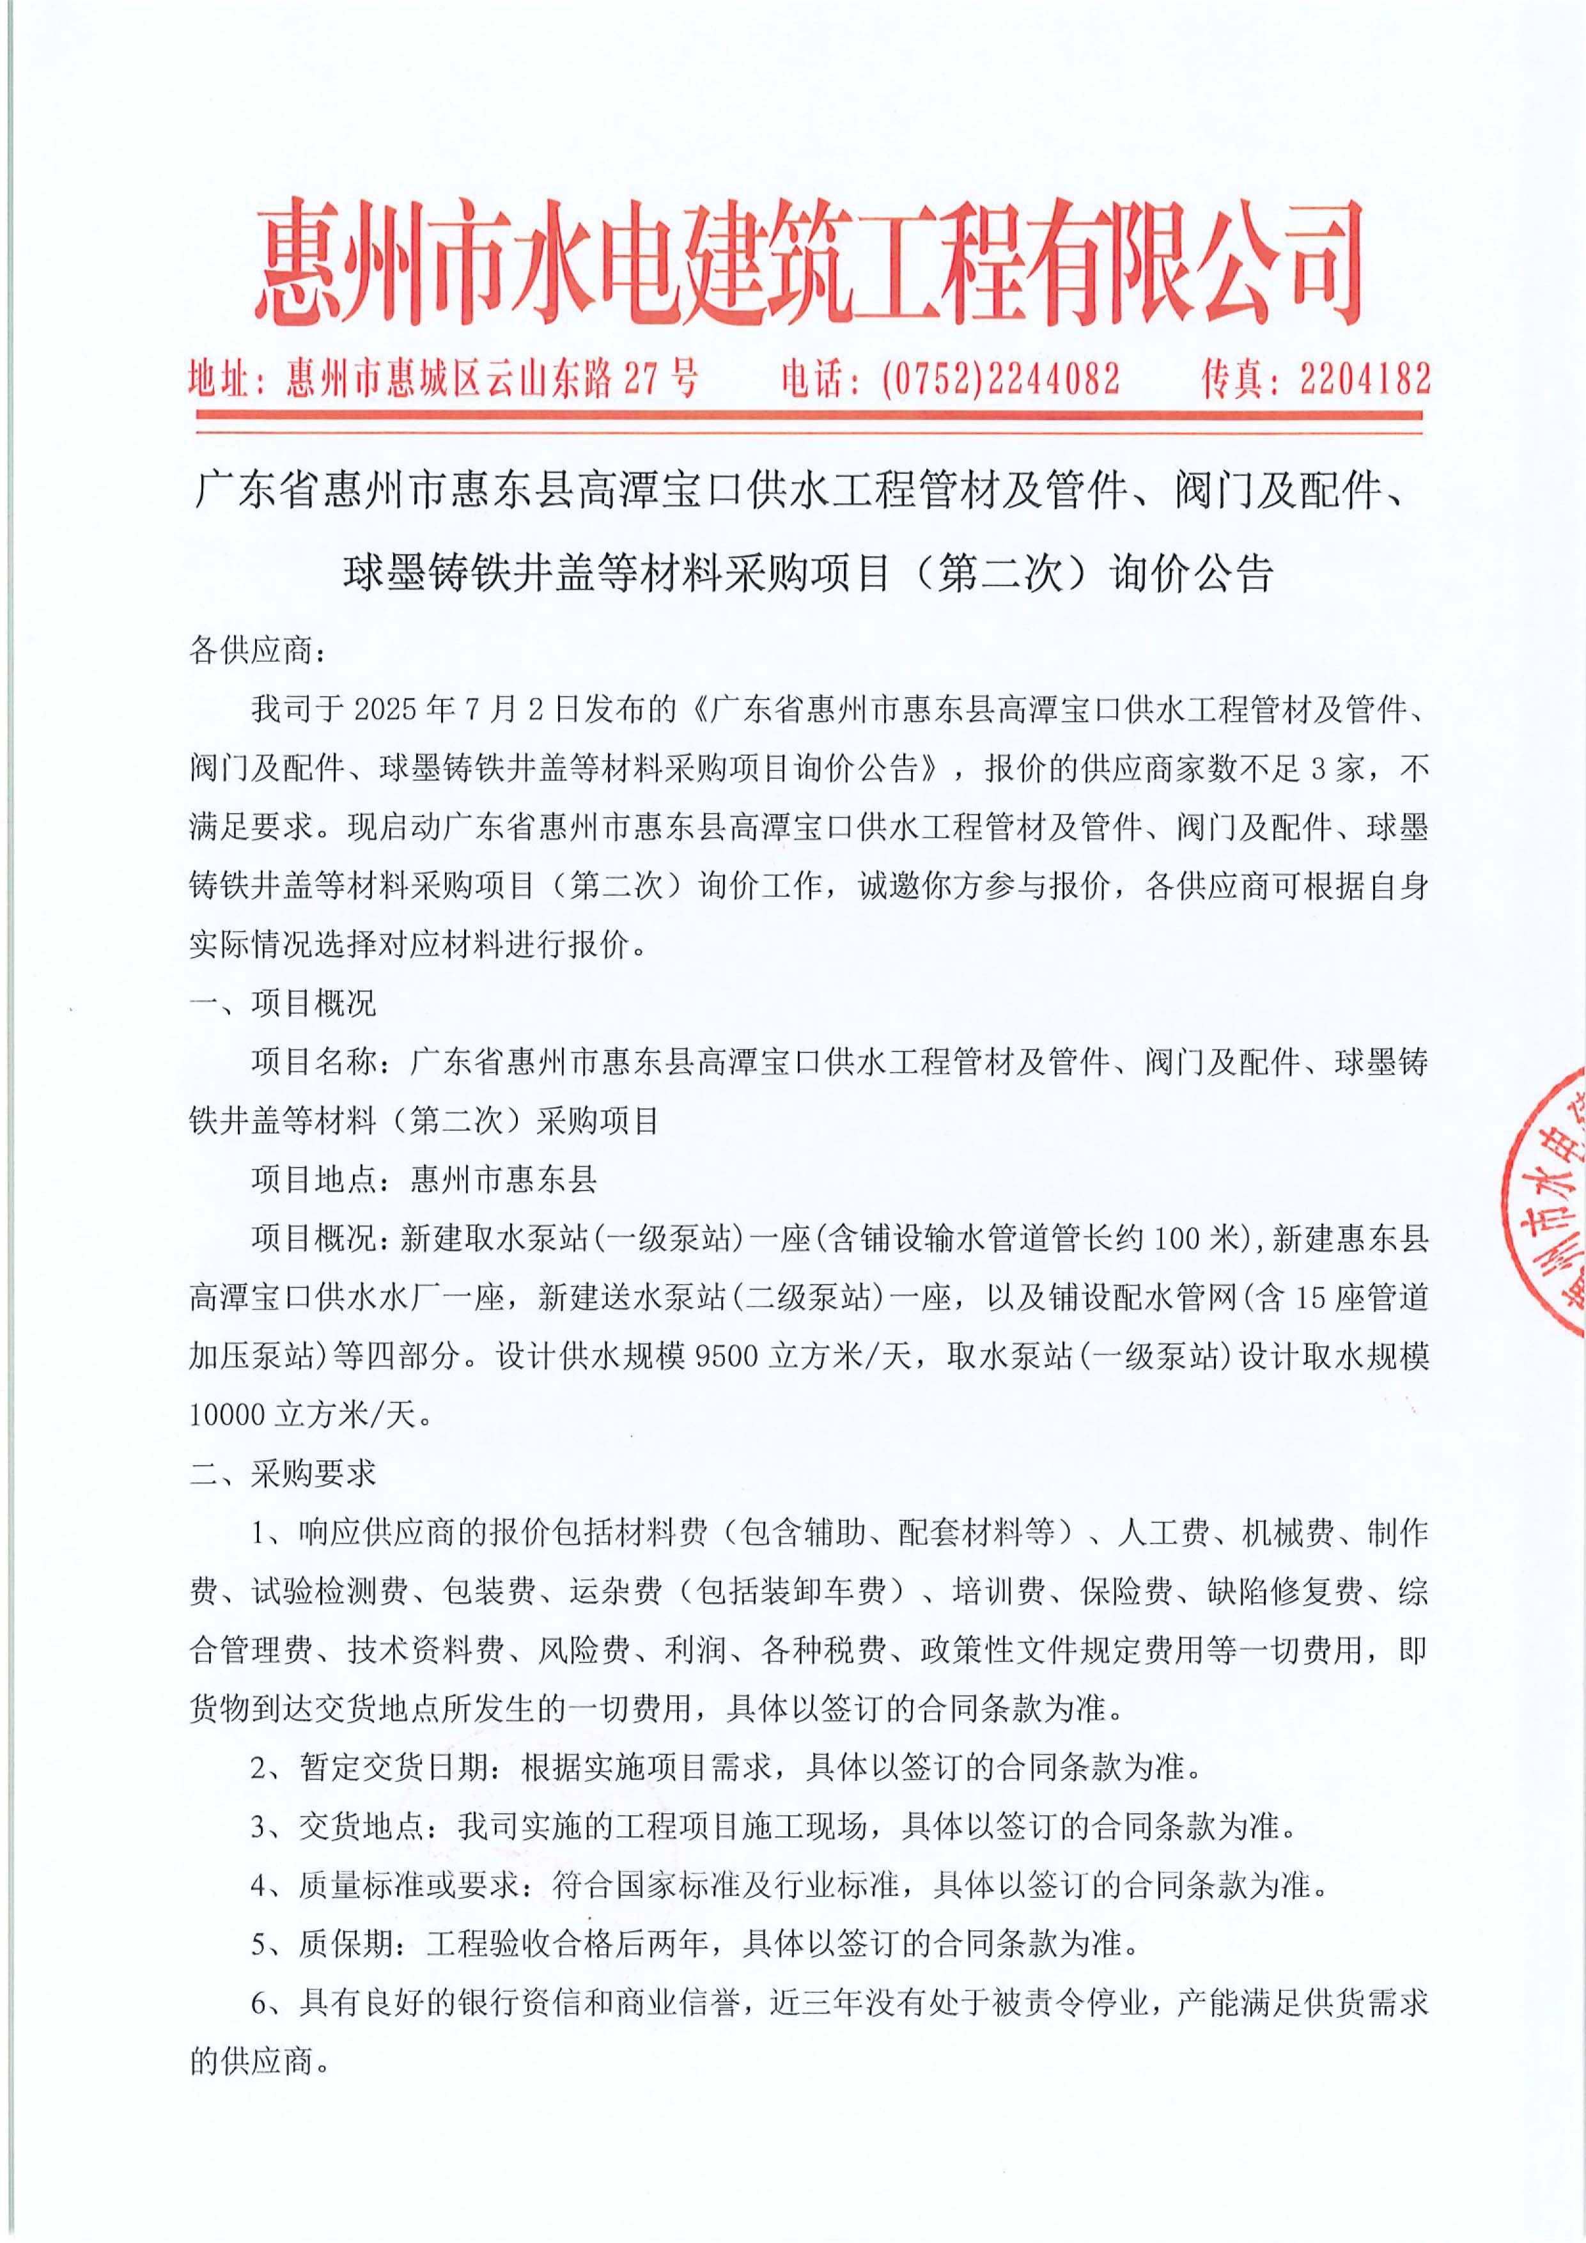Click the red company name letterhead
pos(809,261)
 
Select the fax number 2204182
pos(1365,378)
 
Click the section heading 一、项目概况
pos(283,1003)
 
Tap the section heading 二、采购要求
pos(283,1473)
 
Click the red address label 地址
pos(222,378)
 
